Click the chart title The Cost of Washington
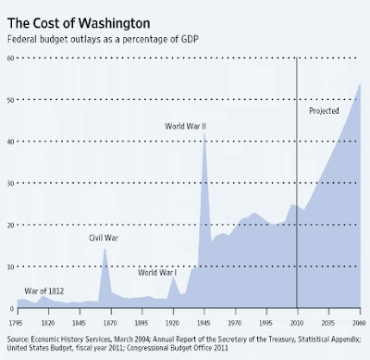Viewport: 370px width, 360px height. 79,24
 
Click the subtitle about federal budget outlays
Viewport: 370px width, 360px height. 103,40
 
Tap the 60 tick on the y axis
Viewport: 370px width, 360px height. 10,58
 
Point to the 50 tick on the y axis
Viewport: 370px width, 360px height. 10,100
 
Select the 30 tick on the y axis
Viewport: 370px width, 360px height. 10,183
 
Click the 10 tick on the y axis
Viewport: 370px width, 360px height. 10,267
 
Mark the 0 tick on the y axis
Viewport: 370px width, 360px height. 12,308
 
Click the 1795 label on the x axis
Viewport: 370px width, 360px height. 16,323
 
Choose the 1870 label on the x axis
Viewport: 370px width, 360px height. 110,323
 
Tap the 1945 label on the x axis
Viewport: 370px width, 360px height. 203,323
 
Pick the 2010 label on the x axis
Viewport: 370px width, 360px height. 297,323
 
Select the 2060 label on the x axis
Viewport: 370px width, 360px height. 359,323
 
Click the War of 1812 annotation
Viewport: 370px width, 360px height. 44,291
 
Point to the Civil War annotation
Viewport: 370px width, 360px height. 104,238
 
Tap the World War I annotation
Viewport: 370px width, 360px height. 157,272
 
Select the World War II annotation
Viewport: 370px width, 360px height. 185,126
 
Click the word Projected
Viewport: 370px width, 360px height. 324,111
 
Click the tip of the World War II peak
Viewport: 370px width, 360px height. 203,133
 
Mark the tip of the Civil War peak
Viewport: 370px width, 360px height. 105,249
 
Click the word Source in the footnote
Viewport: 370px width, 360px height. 18,340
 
